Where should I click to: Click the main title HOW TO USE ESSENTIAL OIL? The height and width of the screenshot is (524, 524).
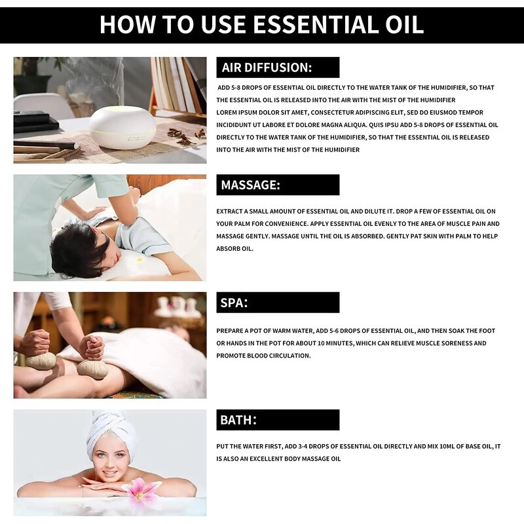click(x=262, y=25)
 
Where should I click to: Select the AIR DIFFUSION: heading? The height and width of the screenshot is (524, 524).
click(x=267, y=67)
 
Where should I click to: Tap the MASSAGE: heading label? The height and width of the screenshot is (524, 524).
click(x=251, y=185)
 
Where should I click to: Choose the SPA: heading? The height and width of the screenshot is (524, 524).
click(x=234, y=303)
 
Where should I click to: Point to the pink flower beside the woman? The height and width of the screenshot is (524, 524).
click(x=143, y=489)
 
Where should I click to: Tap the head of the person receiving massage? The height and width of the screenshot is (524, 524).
click(x=79, y=249)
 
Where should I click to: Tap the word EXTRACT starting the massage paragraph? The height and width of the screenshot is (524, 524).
click(x=231, y=211)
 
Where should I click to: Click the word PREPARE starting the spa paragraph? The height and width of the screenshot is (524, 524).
click(x=232, y=331)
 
